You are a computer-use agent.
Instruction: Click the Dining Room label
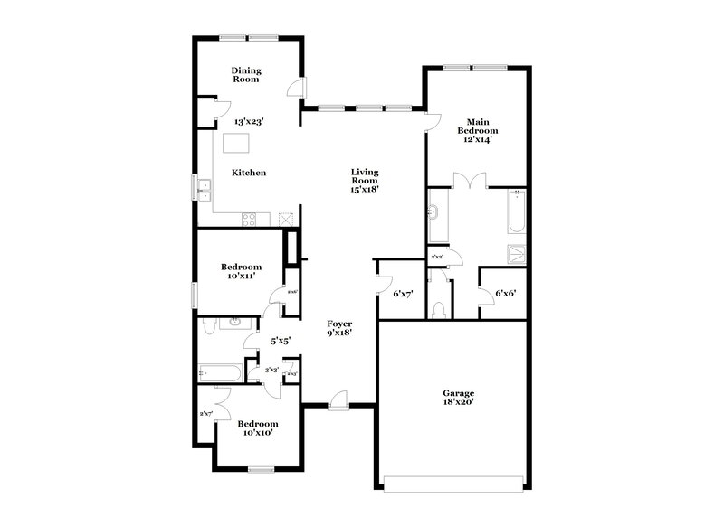click(x=245, y=75)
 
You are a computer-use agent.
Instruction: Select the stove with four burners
click(x=250, y=218)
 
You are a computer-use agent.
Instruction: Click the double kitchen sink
click(x=205, y=189)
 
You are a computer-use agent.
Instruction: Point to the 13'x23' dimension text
click(x=248, y=120)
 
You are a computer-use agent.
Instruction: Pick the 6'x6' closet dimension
click(x=505, y=293)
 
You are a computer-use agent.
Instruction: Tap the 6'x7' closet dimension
click(x=403, y=293)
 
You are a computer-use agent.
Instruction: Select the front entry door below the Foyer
click(x=338, y=400)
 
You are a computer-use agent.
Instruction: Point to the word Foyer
click(x=339, y=323)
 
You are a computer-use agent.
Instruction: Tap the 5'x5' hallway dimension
click(x=281, y=342)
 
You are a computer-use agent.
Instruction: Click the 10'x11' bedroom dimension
click(x=242, y=276)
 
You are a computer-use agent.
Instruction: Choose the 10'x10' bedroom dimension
click(x=257, y=433)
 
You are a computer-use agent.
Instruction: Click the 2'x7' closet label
click(x=205, y=414)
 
